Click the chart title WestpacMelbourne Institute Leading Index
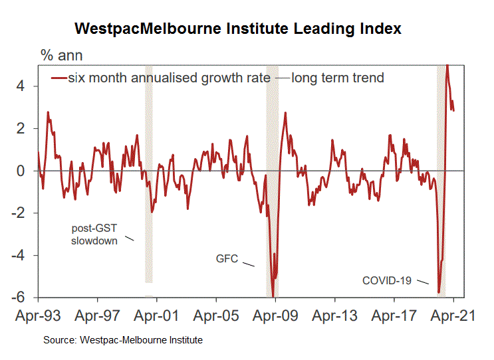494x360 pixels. pyautogui.click(x=238, y=30)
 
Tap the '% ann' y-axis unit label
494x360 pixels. pyautogui.click(x=62, y=55)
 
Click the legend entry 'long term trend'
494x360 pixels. pyautogui.click(x=337, y=78)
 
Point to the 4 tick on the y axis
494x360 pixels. pyautogui.click(x=21, y=86)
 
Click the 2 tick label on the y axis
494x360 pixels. pyautogui.click(x=21, y=128)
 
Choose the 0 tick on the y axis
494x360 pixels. pyautogui.click(x=21, y=171)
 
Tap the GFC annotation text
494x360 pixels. pyautogui.click(x=227, y=258)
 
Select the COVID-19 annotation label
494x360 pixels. pyautogui.click(x=386, y=280)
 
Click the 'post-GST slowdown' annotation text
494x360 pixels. pyautogui.click(x=94, y=234)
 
